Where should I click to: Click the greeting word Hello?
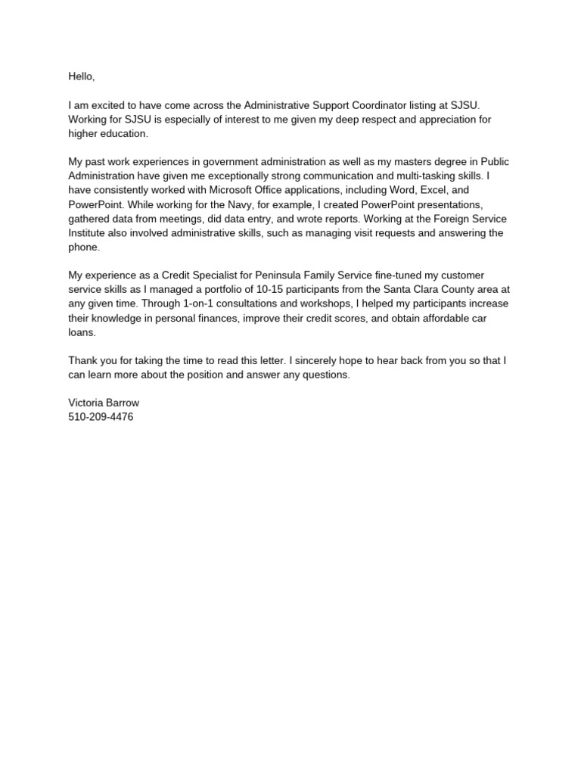tap(82, 76)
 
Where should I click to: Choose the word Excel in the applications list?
tap(430, 191)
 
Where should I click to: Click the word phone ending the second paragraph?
tap(83, 247)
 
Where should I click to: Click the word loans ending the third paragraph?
tap(82, 332)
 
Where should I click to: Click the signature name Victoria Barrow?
tap(104, 403)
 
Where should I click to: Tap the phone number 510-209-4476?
tap(101, 417)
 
